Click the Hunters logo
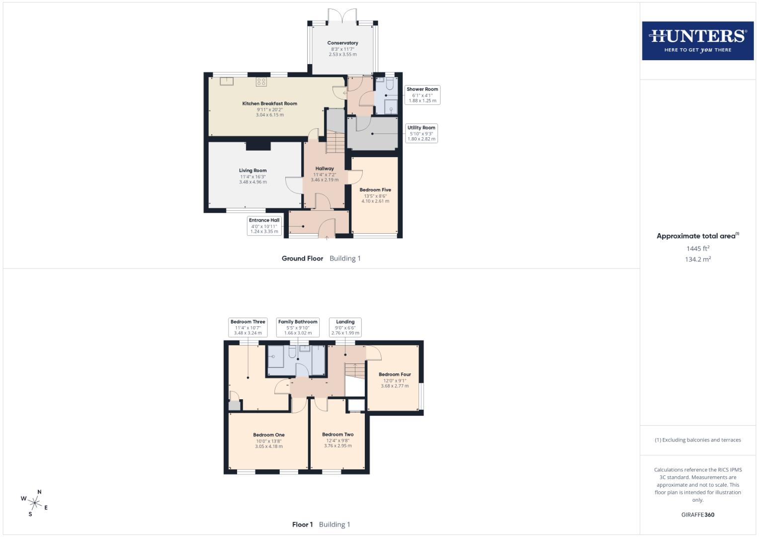click(697, 41)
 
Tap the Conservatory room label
click(342, 43)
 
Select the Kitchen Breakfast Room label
click(269, 104)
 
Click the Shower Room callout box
click(422, 95)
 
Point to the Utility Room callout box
click(421, 133)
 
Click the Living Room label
click(253, 171)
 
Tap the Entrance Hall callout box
click(264, 225)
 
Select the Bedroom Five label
click(375, 190)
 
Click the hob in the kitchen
click(261, 82)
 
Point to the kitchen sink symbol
click(227, 81)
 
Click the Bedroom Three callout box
click(248, 327)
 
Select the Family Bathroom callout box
click(297, 327)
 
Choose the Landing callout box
click(345, 327)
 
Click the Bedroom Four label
click(395, 375)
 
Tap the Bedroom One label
click(268, 435)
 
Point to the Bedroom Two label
click(337, 435)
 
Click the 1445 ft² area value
click(697, 249)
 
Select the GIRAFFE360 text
click(697, 515)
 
